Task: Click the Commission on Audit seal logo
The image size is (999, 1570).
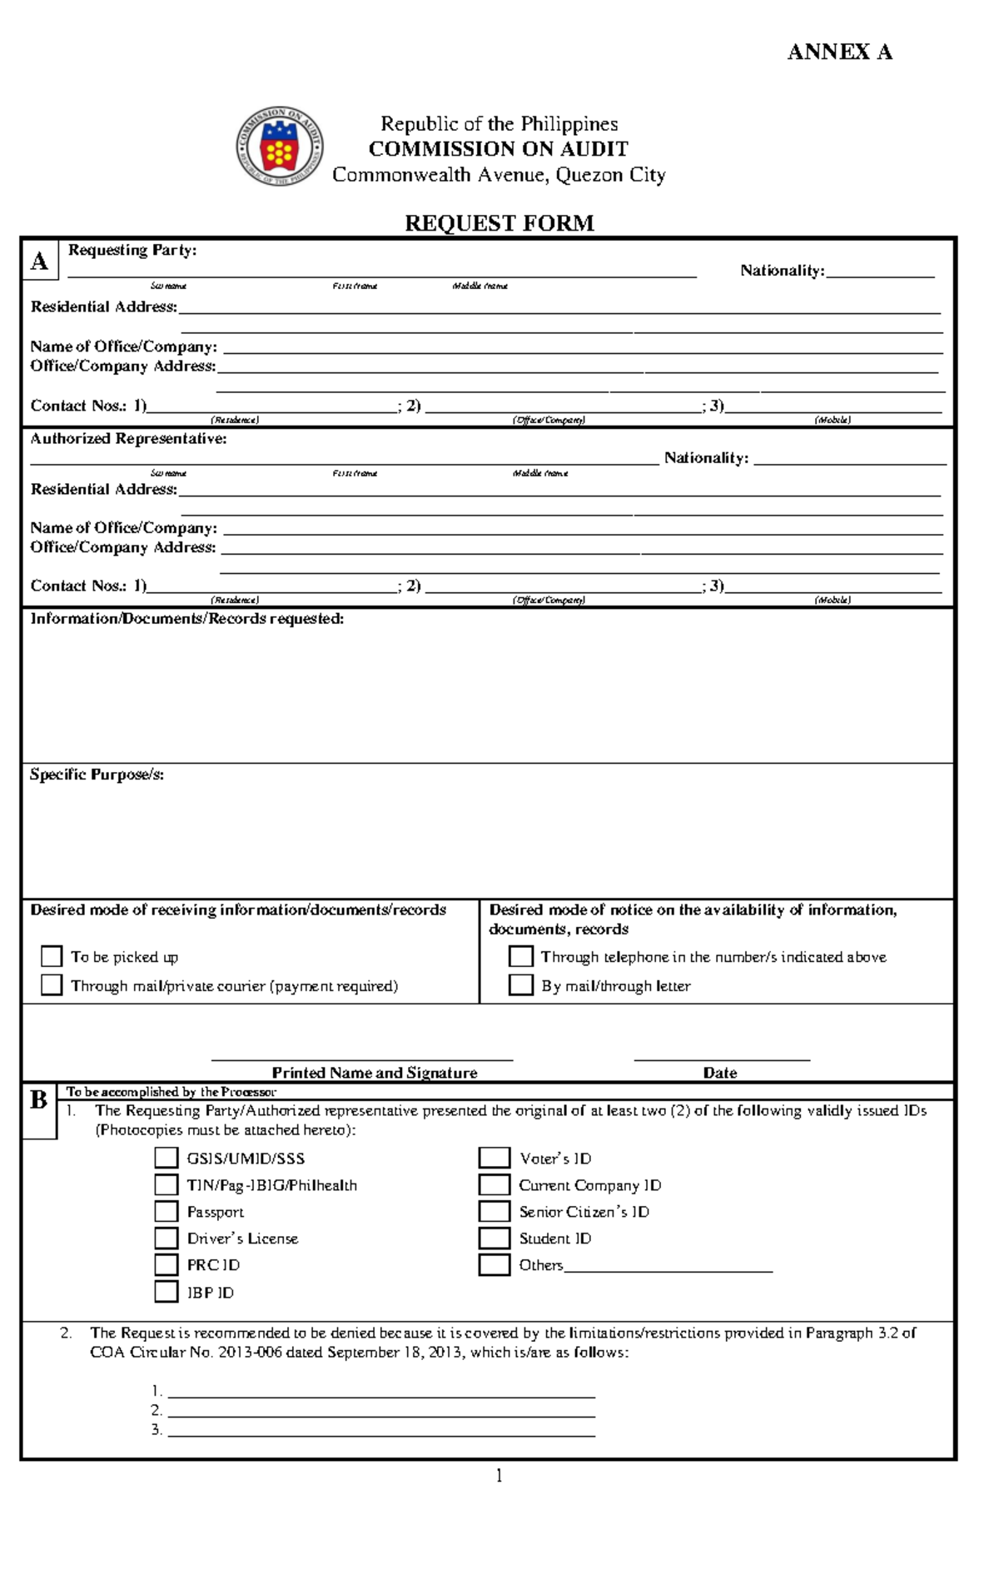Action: pos(279,147)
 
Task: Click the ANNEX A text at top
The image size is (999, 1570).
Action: pos(839,52)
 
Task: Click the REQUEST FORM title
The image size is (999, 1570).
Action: pos(499,223)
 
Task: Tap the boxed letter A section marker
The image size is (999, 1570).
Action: pos(39,262)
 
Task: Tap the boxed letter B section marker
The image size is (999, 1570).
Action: pos(38,1100)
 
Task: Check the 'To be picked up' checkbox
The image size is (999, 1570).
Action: pos(52,955)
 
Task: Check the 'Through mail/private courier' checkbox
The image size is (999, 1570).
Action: pos(52,984)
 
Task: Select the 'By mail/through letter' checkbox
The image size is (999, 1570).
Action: pos(520,984)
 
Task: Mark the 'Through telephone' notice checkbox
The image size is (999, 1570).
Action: pos(520,955)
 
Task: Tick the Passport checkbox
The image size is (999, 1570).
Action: pos(166,1211)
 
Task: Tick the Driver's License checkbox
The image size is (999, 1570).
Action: pos(166,1238)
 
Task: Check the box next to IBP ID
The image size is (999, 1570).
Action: pos(166,1291)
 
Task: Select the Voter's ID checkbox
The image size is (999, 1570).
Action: pos(494,1158)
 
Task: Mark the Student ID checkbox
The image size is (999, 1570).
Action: pos(494,1238)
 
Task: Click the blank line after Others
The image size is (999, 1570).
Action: pos(668,1266)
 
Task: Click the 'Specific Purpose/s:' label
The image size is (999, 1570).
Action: pos(97,775)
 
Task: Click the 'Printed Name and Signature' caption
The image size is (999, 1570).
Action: pos(375,1073)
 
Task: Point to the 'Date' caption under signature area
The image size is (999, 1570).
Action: pos(719,1073)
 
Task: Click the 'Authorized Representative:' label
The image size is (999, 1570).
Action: pos(128,439)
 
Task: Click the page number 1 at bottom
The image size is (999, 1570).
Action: pos(499,1476)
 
